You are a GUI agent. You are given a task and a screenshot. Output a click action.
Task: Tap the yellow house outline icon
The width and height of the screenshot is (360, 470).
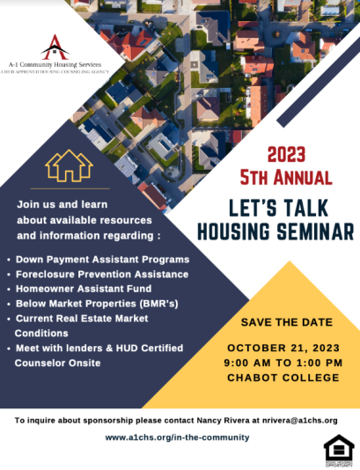click(x=69, y=165)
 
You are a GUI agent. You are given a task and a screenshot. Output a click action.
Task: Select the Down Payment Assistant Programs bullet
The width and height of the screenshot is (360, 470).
click(x=102, y=260)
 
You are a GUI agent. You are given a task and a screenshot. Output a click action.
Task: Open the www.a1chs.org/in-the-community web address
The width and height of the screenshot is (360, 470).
click(x=177, y=437)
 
